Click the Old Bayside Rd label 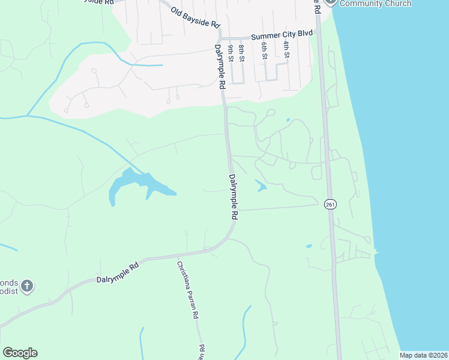click(195, 19)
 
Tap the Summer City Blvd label click(282, 35)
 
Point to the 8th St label click(241, 53)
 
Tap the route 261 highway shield click(330, 204)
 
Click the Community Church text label click(375, 4)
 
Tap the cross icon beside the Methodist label click(26, 287)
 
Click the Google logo click(20, 353)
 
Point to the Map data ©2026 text click(423, 355)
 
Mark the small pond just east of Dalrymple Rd click(261, 187)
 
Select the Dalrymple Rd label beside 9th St click(220, 68)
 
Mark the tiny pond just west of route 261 click(309, 246)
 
